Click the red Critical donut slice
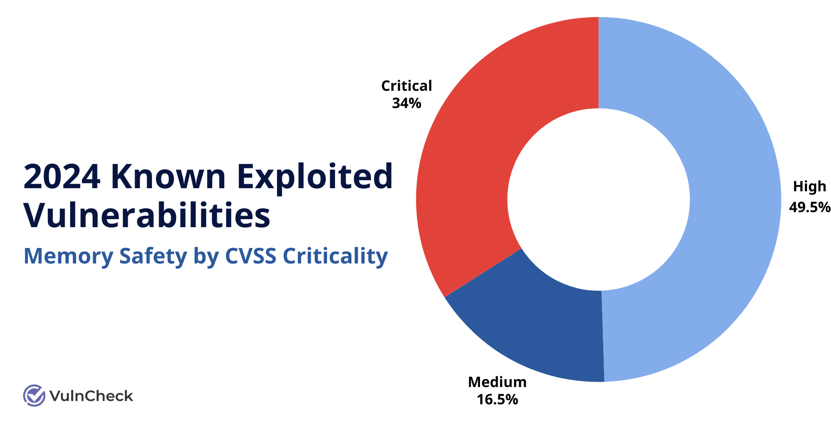488,146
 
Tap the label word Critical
406,86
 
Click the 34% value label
406,104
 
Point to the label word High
809,187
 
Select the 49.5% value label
809,207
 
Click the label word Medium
497,382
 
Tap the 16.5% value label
497,400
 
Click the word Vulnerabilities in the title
147,216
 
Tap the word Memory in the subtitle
68,256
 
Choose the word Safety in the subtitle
153,256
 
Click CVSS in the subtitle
250,256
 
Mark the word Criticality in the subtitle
335,256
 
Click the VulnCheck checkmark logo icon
34,395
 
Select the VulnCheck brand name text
91,396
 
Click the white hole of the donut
598,199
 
